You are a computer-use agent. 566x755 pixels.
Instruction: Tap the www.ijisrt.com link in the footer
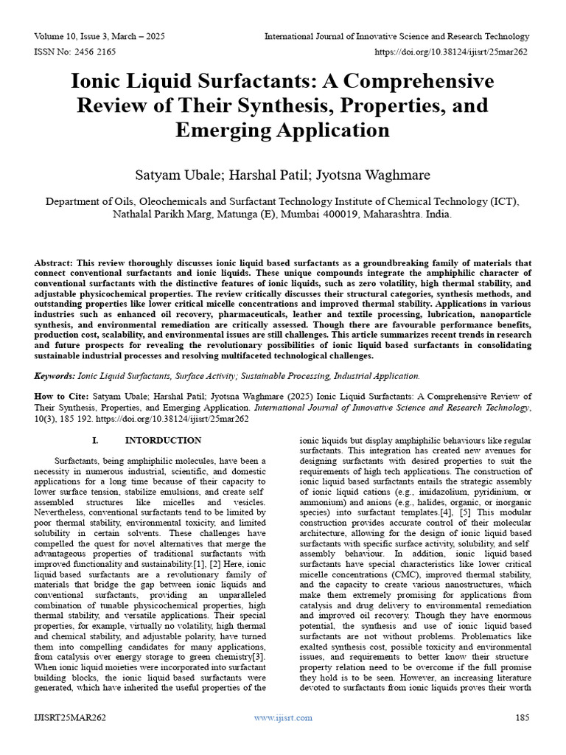tap(282, 717)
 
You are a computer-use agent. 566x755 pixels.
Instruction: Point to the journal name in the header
tap(396, 36)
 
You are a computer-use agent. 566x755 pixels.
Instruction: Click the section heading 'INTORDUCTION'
tap(164, 441)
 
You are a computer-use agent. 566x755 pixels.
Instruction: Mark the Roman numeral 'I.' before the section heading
tap(94, 441)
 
